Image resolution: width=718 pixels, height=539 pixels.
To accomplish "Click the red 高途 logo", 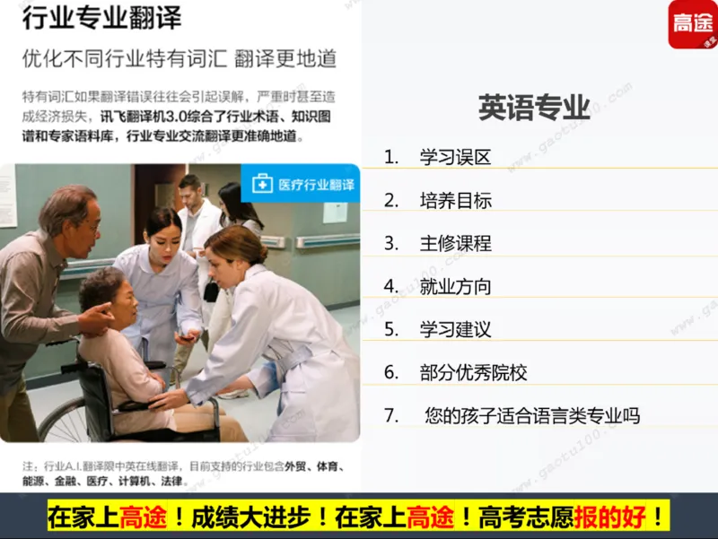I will coord(692,24).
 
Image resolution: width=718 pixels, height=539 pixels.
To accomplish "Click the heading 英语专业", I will coord(534,108).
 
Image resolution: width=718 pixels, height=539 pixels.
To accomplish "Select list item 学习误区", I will coord(455,157).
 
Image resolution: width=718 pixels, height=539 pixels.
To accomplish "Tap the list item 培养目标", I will coord(455,200).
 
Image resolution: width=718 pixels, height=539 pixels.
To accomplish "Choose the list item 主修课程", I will coord(455,243).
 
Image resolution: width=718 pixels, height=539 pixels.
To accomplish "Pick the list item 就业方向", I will coord(455,286).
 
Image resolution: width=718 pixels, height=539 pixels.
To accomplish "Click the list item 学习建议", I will coord(455,329).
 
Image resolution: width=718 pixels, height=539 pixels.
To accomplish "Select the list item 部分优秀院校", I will coord(473,372).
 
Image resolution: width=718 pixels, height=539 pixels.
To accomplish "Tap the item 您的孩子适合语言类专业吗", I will coord(532,416).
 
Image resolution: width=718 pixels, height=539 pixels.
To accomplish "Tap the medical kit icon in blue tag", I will coord(262,184).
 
